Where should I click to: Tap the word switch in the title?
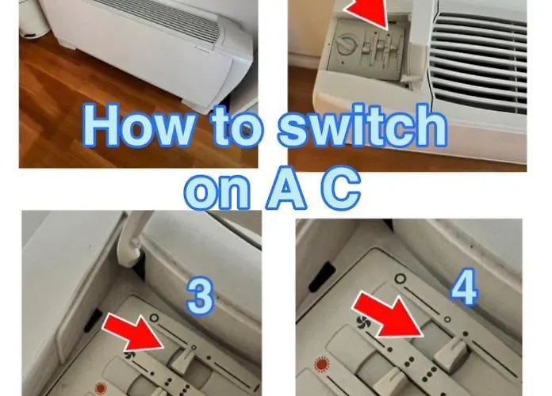click(362, 125)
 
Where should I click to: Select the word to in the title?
click(236, 126)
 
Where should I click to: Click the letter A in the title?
click(286, 190)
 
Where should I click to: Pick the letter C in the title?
click(341, 190)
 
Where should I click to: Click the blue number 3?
click(200, 296)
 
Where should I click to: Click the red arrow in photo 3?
click(134, 333)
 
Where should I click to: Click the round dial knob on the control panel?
click(345, 44)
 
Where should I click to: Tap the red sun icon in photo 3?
click(101, 389)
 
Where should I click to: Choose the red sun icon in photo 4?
click(321, 364)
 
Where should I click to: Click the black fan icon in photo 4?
click(362, 322)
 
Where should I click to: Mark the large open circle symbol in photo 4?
click(401, 279)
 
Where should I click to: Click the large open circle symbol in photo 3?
click(154, 318)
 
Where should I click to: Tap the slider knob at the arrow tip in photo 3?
click(181, 359)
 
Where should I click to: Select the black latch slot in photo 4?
click(321, 276)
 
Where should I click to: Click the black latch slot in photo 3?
click(93, 321)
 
